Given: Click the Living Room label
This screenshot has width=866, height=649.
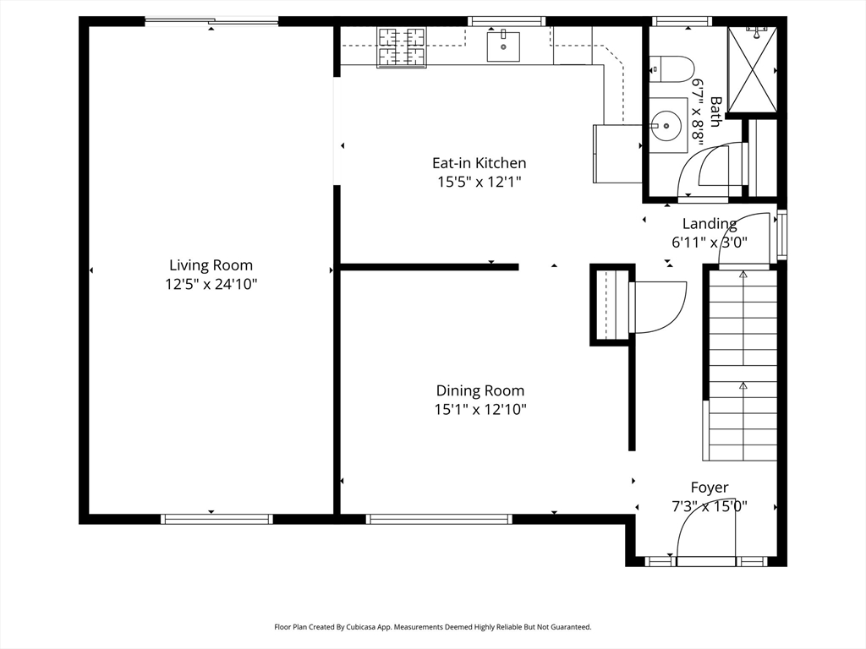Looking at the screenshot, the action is click(x=211, y=265).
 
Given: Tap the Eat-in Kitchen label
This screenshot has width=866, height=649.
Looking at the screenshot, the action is click(x=479, y=163).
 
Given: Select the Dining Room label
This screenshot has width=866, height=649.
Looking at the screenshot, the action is click(x=480, y=390).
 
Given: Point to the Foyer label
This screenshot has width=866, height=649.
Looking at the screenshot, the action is click(x=710, y=488).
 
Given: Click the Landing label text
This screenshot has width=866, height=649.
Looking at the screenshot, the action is click(x=710, y=223).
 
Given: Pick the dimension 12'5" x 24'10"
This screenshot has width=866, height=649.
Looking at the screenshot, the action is click(x=211, y=284).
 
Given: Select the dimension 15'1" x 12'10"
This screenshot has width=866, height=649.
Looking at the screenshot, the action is click(x=480, y=410).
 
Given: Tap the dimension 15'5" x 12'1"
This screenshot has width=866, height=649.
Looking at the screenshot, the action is click(x=480, y=182).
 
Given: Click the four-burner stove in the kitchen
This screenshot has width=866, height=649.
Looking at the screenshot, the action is click(x=402, y=47).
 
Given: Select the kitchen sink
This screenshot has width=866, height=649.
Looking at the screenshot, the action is click(x=503, y=46).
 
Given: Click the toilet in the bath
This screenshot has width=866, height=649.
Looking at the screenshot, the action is click(x=671, y=69).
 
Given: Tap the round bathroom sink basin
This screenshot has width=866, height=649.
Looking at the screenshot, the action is click(x=666, y=125).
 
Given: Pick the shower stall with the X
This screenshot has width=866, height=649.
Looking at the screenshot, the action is click(x=752, y=69).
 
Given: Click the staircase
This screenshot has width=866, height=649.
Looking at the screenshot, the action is click(x=743, y=365).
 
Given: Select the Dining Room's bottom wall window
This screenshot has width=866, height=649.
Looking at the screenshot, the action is click(x=439, y=519).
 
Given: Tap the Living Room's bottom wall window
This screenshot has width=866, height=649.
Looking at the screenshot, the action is click(x=217, y=519).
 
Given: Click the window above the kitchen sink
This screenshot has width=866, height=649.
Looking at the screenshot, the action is click(x=507, y=21).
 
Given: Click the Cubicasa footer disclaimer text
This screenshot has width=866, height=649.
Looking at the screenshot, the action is click(x=433, y=627).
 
